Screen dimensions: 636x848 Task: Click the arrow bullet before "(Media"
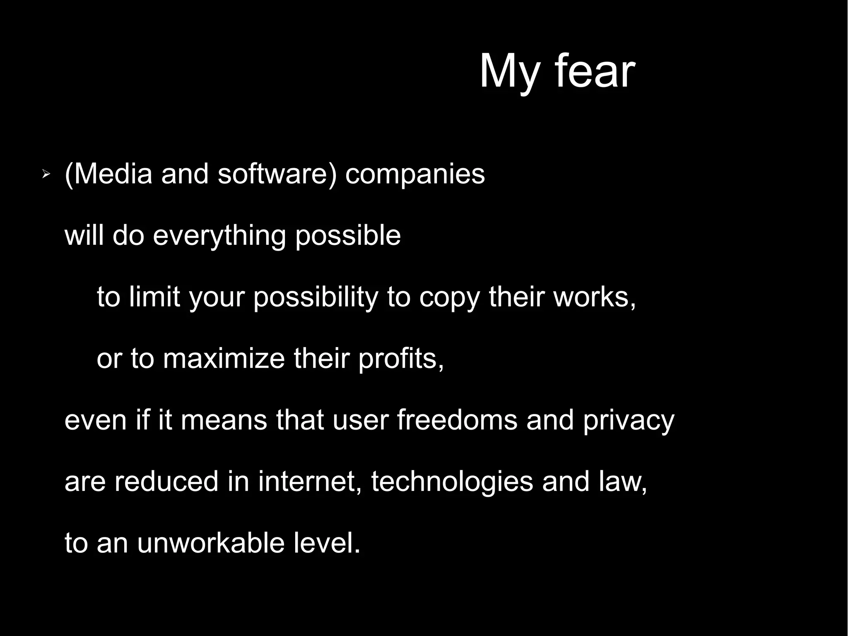pos(46,176)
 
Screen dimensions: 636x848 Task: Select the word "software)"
pos(277,174)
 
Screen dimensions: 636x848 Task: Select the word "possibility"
pos(316,297)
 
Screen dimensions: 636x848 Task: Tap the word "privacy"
pos(629,420)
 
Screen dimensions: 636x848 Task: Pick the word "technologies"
pos(452,481)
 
